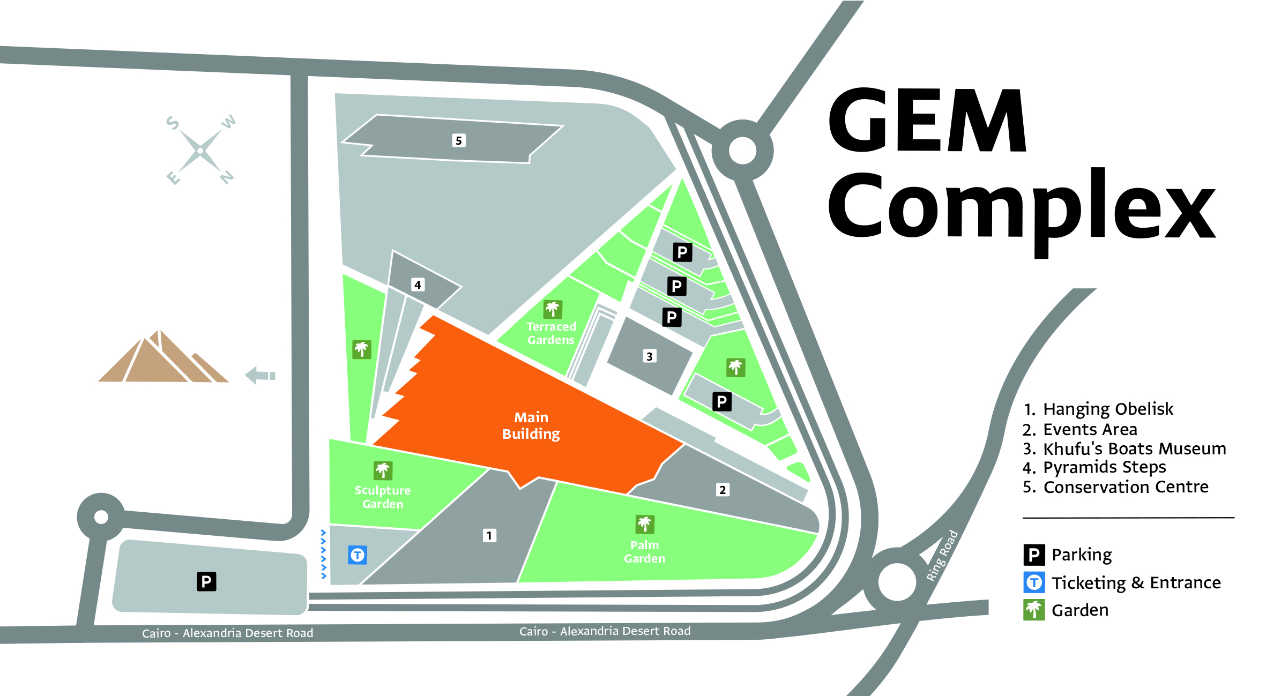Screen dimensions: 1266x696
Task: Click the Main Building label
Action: tap(531, 425)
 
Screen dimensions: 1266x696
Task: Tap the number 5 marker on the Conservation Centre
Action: tap(458, 140)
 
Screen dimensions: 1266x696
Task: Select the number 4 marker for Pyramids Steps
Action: tap(418, 285)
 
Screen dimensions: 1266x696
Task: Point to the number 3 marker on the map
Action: tap(649, 356)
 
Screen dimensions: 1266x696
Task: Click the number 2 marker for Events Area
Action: tap(723, 490)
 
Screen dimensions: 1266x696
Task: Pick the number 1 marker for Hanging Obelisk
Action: tap(489, 535)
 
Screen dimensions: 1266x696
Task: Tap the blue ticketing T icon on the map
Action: tap(358, 555)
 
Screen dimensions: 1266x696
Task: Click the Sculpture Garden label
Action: tap(383, 497)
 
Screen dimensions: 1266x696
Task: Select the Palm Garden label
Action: tap(644, 551)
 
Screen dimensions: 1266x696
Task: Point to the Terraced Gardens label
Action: tap(551, 333)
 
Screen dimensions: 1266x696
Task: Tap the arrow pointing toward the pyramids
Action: tap(260, 375)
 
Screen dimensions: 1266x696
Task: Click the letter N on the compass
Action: tap(227, 177)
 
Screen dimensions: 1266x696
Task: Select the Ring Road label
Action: tap(942, 555)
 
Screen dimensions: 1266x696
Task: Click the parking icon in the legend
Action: tap(1034, 555)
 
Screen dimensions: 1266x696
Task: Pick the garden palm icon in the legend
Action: tap(1034, 610)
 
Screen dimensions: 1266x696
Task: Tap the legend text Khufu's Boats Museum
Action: tap(1134, 448)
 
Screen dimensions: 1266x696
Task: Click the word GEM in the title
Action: tap(927, 121)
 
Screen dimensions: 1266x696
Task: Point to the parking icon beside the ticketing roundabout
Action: tap(206, 581)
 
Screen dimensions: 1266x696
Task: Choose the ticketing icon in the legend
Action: tap(1034, 582)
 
